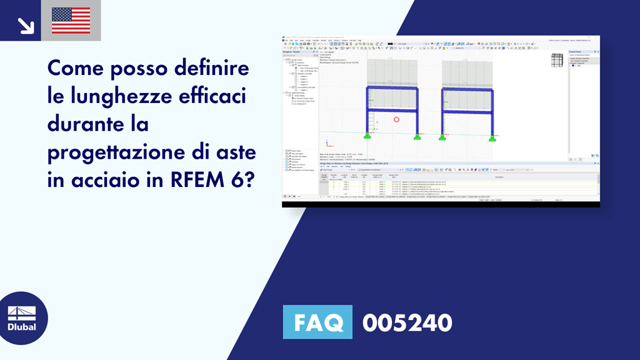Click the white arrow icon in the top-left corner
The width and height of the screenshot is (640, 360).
pyautogui.click(x=25, y=25)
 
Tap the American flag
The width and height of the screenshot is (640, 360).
pyautogui.click(x=71, y=21)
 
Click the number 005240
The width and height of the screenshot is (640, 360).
pyautogui.click(x=407, y=322)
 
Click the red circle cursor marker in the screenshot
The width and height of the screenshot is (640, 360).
pyautogui.click(x=396, y=119)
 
